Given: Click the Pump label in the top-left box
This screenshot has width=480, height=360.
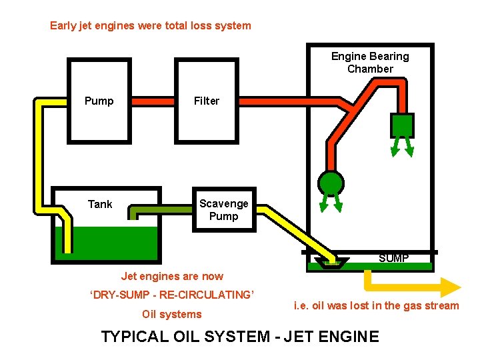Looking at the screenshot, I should click(99, 101).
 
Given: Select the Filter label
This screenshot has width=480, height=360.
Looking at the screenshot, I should click(206, 101).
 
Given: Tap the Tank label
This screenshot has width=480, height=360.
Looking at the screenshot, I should click(100, 204).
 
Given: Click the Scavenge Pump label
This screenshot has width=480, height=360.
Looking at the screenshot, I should click(223, 210).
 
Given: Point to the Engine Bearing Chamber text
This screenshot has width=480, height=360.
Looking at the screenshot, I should click(370, 63).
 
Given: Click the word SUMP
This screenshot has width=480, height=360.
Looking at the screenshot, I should click(393, 258).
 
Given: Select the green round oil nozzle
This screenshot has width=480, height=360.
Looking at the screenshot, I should click(331, 183).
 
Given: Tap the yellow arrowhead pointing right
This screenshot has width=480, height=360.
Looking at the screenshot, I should click(451, 287).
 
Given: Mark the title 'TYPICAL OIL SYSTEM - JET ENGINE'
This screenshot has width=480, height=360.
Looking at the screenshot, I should click(240, 337).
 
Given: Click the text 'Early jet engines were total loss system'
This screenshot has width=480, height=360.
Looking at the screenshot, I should click(151, 26).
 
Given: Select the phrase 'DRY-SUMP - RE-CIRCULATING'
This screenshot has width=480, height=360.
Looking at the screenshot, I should click(172, 295).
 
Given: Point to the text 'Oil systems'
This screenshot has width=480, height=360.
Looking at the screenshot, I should click(171, 314).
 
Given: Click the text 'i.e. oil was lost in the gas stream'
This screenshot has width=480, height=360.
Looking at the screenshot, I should click(376, 306).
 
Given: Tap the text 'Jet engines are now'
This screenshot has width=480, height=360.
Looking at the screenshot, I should click(172, 276).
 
